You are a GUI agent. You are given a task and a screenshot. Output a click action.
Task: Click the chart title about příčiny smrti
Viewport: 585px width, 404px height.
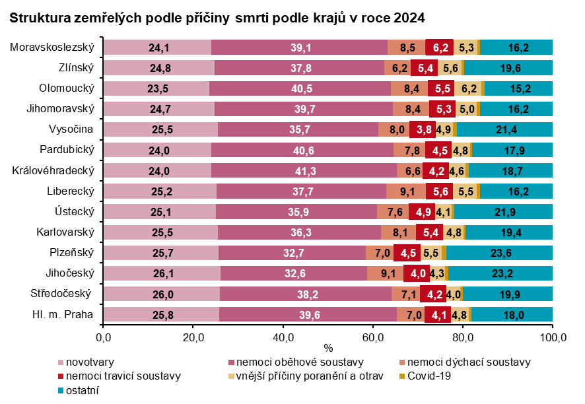[217, 17]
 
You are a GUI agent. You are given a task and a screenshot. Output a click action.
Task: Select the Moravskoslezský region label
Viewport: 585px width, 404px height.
[53, 48]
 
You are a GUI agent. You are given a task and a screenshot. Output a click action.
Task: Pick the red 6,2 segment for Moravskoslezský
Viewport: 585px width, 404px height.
[440, 48]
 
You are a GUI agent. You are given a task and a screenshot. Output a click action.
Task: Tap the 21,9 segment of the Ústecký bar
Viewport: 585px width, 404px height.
[503, 212]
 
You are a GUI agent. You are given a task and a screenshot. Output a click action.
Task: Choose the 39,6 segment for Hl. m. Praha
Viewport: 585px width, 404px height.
[308, 315]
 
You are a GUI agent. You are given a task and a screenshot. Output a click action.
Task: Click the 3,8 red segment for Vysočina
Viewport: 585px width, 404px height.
[421, 129]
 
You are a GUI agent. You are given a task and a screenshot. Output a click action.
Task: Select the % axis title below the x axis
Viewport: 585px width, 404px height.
[328, 347]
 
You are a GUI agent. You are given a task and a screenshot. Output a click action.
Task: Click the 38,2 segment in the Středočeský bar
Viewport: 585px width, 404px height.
[306, 294]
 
